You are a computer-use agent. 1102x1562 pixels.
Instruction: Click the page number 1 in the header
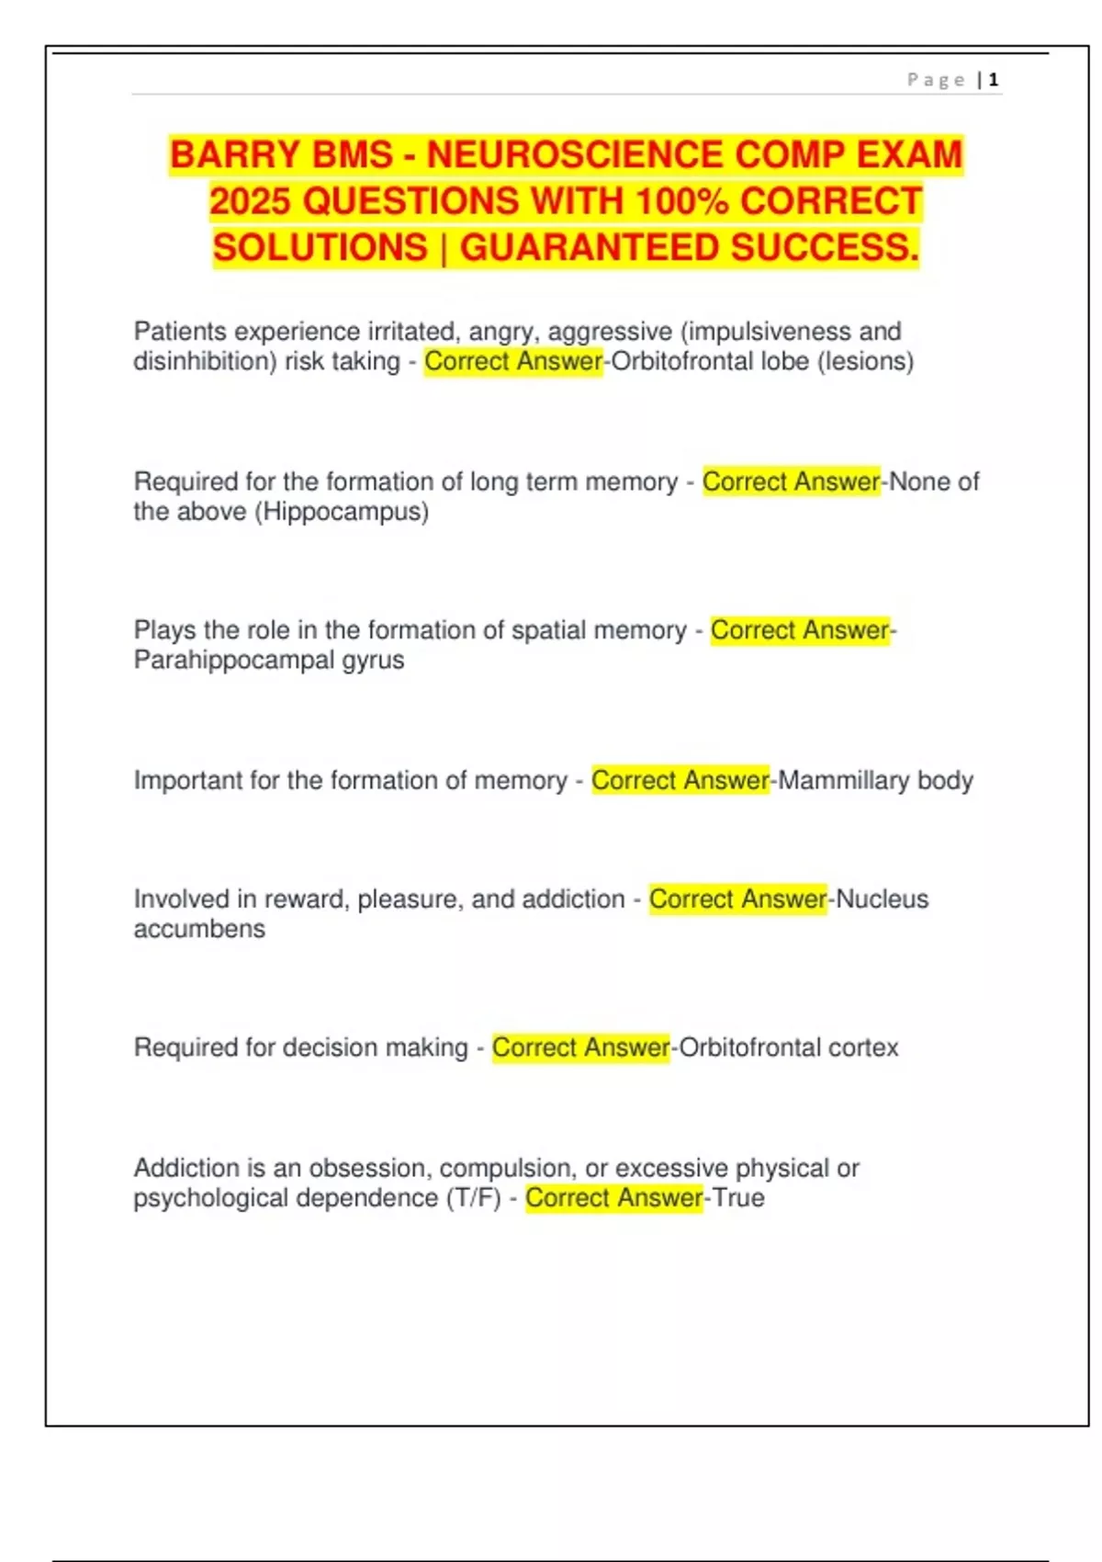click(994, 80)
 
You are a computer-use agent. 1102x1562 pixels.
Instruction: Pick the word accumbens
click(199, 929)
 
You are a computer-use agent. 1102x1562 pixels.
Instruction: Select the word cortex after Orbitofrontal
click(863, 1047)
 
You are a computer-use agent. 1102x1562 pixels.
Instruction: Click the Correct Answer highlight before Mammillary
click(680, 780)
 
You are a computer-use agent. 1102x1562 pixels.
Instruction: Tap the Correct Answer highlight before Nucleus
click(737, 899)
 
